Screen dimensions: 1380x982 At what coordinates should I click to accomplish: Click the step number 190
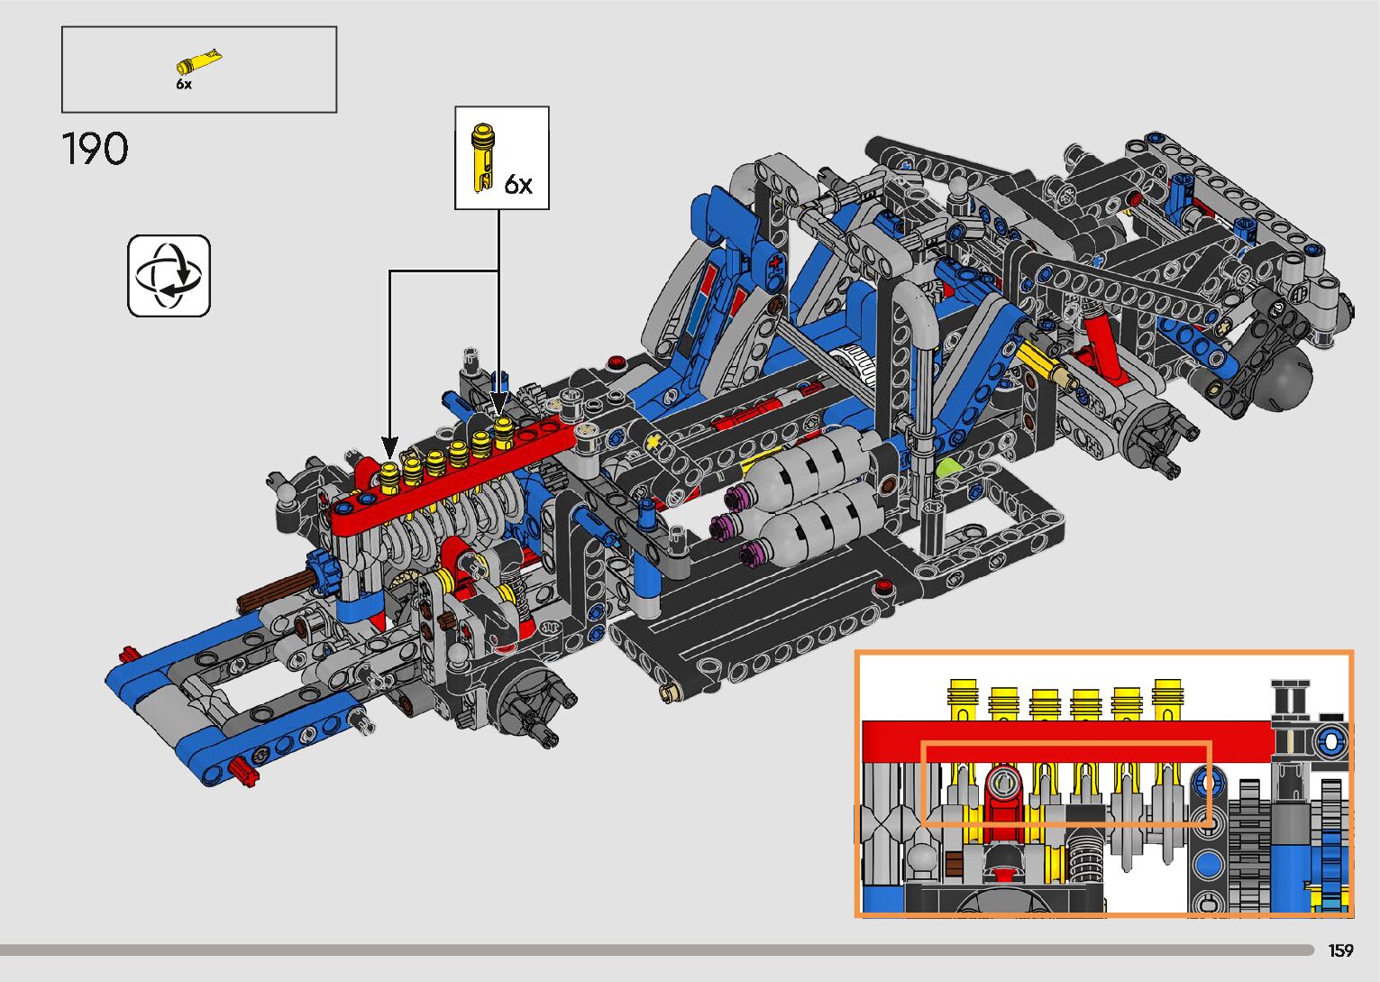pyautogui.click(x=95, y=149)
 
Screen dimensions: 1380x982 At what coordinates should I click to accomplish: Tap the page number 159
pyautogui.click(x=1340, y=950)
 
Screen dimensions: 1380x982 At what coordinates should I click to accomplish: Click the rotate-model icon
pyautogui.click(x=169, y=276)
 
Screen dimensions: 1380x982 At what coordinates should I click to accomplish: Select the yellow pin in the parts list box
pyautogui.click(x=198, y=62)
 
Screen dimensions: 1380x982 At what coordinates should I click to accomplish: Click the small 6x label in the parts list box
pyautogui.click(x=184, y=85)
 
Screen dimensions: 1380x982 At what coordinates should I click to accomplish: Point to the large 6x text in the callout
pyautogui.click(x=518, y=184)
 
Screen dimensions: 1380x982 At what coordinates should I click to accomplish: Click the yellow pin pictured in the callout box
pyautogui.click(x=482, y=158)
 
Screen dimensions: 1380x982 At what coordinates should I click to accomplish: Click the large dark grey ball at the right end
pyautogui.click(x=1284, y=381)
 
